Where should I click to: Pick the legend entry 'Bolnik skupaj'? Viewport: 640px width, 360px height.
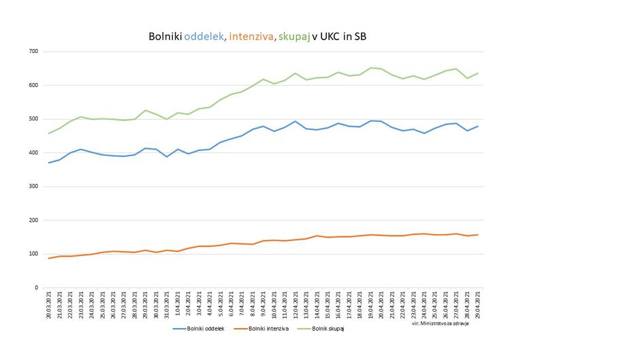point(329,329)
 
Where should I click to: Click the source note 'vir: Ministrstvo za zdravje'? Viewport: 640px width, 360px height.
point(441,323)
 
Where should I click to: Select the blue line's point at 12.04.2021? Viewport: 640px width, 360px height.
point(295,121)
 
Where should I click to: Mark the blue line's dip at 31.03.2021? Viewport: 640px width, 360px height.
point(166,157)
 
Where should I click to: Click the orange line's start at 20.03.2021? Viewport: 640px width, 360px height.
point(49,258)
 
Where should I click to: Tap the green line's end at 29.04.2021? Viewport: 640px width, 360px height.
point(479,73)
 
